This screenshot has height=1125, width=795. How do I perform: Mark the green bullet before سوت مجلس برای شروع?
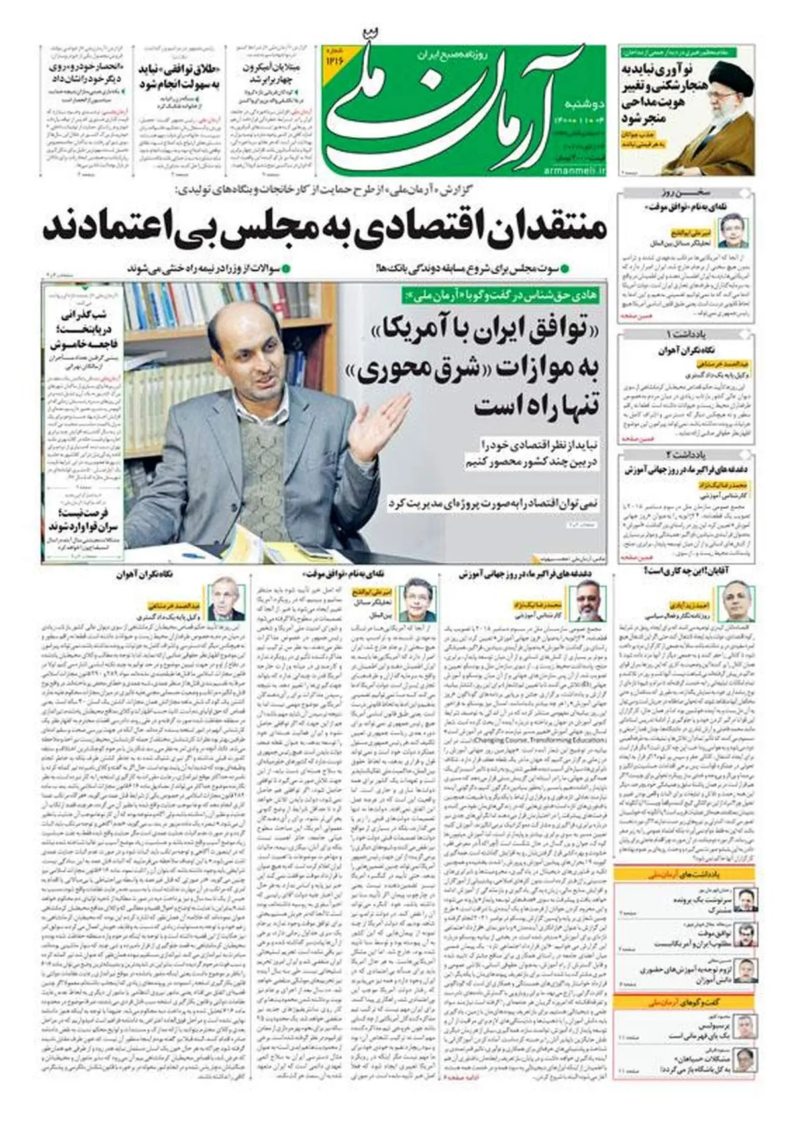pyautogui.click(x=564, y=269)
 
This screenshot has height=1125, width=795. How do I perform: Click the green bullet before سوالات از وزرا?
pyautogui.click(x=286, y=269)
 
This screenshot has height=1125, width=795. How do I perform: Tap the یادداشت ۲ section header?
pyautogui.click(x=686, y=455)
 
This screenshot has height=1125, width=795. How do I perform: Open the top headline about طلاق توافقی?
pyautogui.click(x=179, y=76)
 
